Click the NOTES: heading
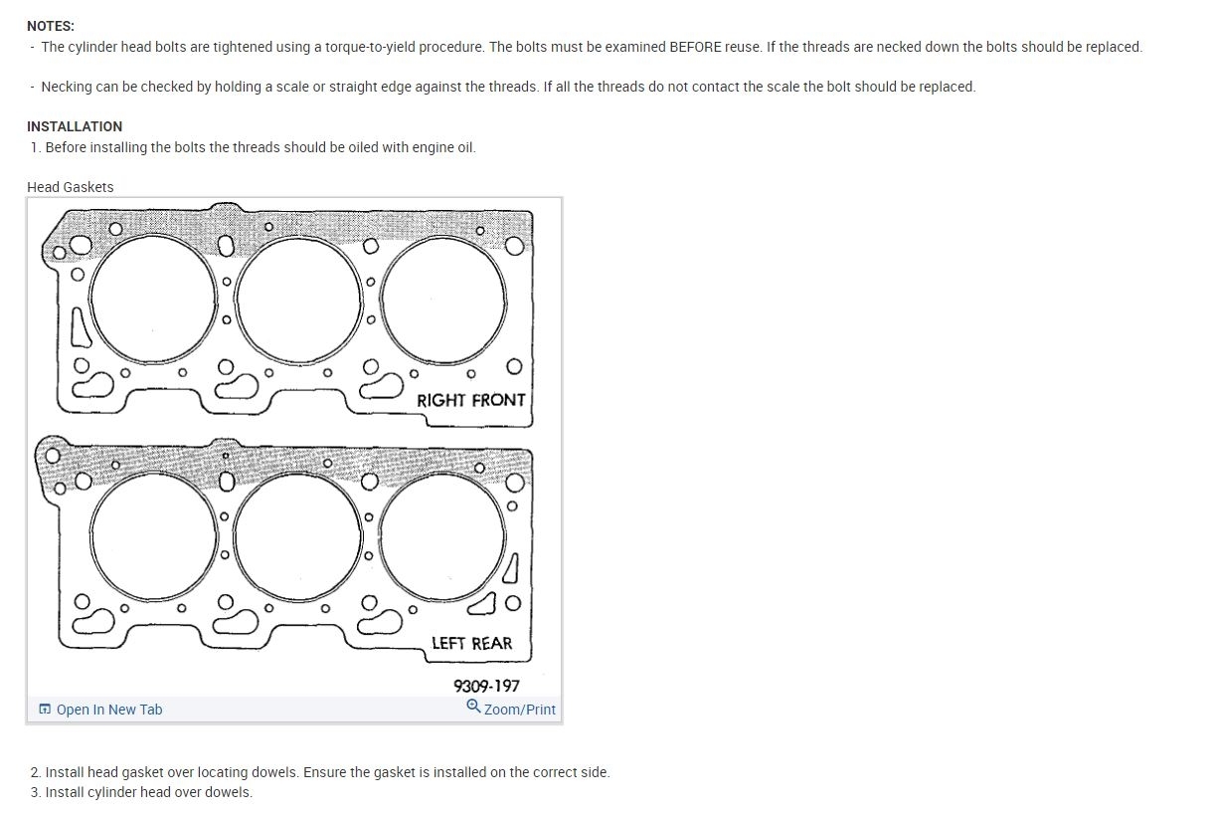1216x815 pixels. [x=51, y=26]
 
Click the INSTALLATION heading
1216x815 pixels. [x=75, y=126]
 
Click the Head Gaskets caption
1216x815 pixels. [x=70, y=187]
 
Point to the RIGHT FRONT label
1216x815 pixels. [x=470, y=400]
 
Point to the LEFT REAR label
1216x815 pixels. [x=471, y=643]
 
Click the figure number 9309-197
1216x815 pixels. [x=486, y=687]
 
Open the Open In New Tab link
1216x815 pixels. [x=109, y=710]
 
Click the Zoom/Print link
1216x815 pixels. [x=520, y=710]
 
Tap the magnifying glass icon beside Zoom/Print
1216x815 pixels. [x=473, y=707]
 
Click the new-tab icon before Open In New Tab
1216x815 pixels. [x=45, y=710]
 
